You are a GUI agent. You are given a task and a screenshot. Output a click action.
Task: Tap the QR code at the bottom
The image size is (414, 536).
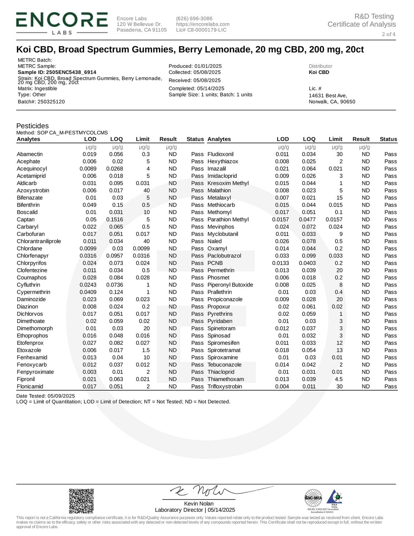click(81, 501)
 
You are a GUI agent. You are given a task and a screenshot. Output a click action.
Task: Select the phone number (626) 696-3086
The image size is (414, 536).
click(194, 19)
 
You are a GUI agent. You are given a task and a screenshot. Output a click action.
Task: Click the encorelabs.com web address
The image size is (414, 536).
click(203, 24)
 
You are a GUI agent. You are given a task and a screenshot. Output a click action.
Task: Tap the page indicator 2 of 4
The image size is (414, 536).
click(388, 34)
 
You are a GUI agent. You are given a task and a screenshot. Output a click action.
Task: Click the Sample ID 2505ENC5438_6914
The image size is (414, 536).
click(57, 72)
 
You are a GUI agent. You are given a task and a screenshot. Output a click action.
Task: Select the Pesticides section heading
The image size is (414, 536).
click(33, 126)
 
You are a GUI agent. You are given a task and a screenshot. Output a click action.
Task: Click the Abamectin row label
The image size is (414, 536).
click(30, 154)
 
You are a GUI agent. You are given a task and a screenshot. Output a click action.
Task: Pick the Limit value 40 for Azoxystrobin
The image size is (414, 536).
click(146, 190)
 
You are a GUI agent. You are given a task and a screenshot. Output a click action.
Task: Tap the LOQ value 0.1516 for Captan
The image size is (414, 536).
click(114, 219)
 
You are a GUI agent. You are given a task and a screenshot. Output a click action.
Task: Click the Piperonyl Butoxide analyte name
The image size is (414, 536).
click(230, 285)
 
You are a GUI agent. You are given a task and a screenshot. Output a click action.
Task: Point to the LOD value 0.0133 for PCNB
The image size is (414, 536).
click(280, 263)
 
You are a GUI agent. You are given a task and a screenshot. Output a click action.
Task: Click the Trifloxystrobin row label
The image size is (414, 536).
click(225, 386)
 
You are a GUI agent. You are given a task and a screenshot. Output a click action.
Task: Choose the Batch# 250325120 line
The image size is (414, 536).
click(41, 102)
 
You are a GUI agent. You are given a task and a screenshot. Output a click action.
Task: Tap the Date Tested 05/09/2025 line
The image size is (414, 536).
click(46, 396)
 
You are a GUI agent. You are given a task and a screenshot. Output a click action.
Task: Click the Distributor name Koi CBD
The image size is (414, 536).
click(319, 72)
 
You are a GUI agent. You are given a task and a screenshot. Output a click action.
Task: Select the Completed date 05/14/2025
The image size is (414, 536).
click(196, 89)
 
